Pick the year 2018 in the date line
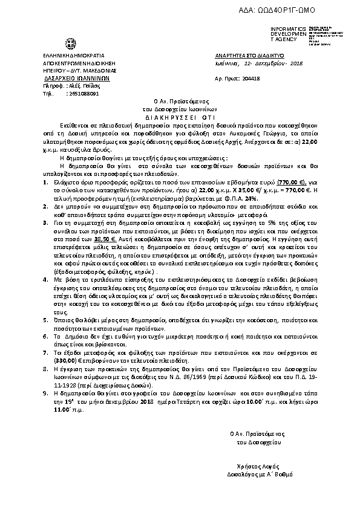click(295, 63)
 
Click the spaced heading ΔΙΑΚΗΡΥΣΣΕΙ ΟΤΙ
click(177, 114)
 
